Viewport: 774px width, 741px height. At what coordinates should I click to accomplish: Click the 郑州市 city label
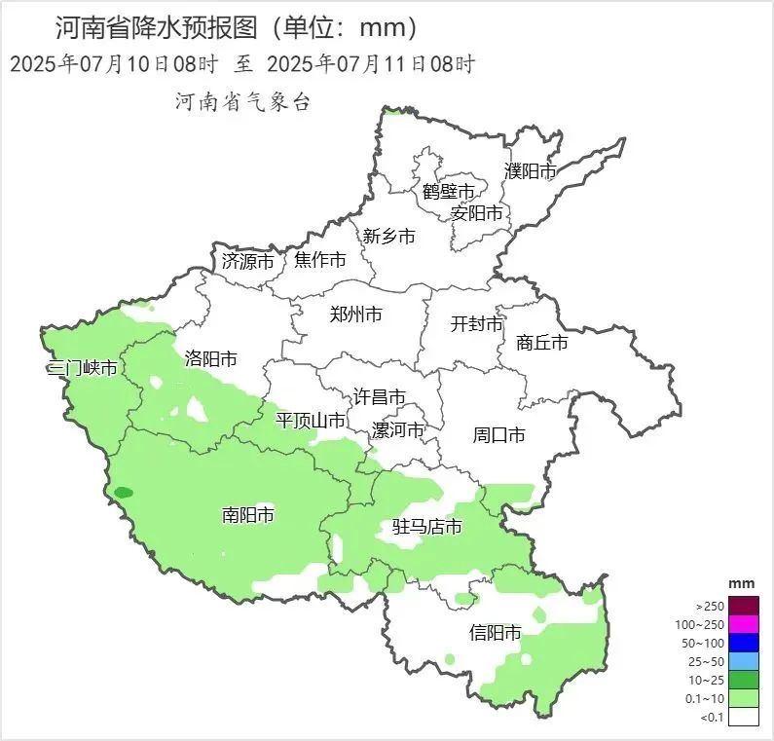click(x=355, y=314)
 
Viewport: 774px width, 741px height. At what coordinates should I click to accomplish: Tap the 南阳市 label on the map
click(x=247, y=515)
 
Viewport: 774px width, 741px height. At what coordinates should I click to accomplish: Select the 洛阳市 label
click(x=210, y=358)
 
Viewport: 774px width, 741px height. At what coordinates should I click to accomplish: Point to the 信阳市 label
click(x=495, y=632)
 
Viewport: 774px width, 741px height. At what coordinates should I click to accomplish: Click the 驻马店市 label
click(x=426, y=528)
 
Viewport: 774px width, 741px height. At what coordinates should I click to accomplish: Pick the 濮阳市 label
click(x=531, y=171)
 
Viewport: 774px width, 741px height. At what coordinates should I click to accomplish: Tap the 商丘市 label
click(x=541, y=343)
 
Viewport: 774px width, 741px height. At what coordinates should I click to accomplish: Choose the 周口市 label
click(x=498, y=434)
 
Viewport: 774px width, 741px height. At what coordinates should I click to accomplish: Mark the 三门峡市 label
click(x=82, y=368)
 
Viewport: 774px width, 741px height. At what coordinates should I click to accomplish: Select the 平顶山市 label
click(x=311, y=421)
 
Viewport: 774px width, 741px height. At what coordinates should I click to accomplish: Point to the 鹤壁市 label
click(x=448, y=191)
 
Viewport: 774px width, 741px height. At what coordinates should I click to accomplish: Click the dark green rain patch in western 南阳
click(x=123, y=493)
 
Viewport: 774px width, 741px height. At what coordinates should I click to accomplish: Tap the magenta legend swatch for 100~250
click(x=744, y=623)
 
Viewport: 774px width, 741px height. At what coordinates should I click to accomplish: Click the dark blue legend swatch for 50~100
click(x=744, y=642)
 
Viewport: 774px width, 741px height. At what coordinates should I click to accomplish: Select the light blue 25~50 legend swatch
click(x=744, y=660)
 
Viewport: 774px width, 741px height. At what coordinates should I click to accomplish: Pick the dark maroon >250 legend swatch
click(x=744, y=605)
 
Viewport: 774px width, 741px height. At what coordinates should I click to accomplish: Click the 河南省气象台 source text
click(x=242, y=102)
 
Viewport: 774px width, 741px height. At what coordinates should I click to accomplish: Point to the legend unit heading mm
click(x=742, y=583)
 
